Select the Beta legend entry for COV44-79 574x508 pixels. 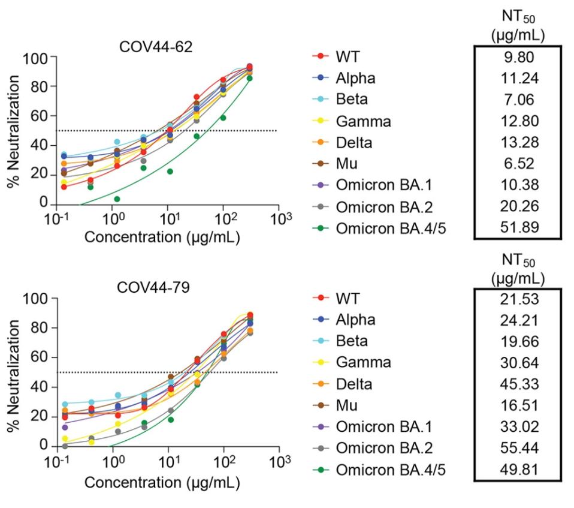pos(354,341)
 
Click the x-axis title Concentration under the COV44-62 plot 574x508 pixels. pos(162,237)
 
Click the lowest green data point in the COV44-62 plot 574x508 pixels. pos(117,199)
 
